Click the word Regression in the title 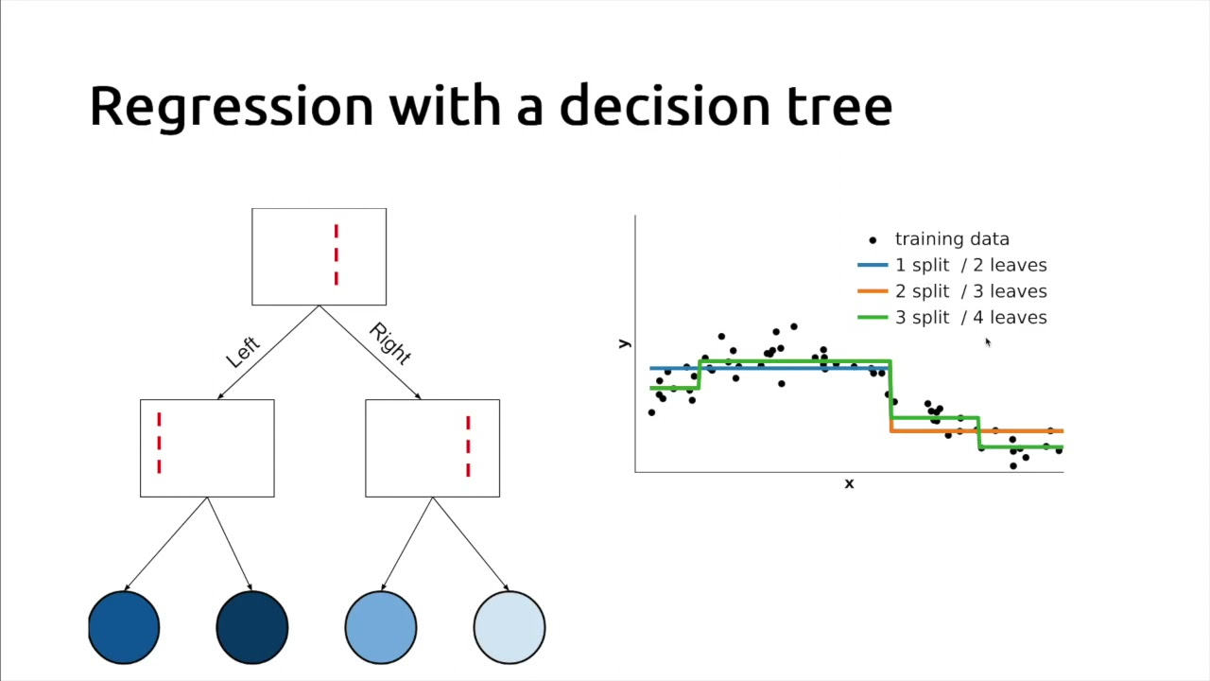point(231,106)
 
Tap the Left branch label point(243,352)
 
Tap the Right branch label point(390,344)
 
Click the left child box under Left point(207,448)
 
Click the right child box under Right point(432,448)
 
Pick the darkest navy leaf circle point(252,627)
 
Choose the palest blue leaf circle point(510,627)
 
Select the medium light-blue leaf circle point(381,627)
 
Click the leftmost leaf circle point(124,627)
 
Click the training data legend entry point(951,239)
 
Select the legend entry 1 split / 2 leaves point(970,266)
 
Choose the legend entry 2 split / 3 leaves point(970,291)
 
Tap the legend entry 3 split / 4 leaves point(970,318)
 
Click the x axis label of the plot point(849,484)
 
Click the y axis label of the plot point(624,343)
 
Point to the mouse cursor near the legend point(987,342)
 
